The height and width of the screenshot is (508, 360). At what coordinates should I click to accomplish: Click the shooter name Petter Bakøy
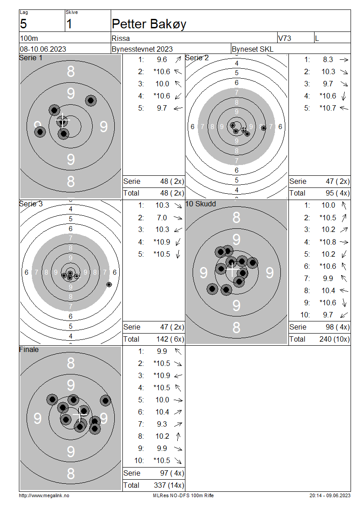[x=149, y=24]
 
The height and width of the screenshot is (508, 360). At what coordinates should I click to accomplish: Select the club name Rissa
[x=121, y=38]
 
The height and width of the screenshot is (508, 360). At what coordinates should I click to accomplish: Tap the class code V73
[x=284, y=38]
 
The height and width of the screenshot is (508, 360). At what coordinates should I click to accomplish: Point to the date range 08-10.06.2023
[x=43, y=49]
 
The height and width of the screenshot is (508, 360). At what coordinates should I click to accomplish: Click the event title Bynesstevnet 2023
[x=142, y=49]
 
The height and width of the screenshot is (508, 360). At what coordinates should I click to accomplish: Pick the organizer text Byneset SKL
[x=252, y=49]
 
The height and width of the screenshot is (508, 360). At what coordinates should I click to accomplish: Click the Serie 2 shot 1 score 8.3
[x=328, y=60]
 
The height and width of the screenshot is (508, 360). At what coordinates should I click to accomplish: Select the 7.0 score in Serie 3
[x=162, y=218]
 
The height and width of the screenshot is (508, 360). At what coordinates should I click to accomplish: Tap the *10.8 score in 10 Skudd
[x=328, y=242]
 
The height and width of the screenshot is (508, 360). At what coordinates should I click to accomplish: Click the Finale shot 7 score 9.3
[x=162, y=424]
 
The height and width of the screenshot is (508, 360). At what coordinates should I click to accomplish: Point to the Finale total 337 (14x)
[x=169, y=486]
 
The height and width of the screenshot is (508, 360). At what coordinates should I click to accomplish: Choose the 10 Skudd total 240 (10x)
[x=334, y=339]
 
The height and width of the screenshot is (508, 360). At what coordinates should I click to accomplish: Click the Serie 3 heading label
[x=31, y=204]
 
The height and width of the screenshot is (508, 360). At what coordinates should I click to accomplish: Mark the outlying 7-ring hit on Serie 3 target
[x=109, y=285]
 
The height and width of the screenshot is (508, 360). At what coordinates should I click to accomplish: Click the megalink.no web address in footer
[x=44, y=495]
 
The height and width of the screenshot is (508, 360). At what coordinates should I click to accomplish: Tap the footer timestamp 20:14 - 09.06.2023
[x=330, y=495]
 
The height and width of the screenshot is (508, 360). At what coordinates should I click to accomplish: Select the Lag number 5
[x=23, y=24]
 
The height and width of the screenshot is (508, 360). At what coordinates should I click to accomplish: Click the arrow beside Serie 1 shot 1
[x=178, y=60]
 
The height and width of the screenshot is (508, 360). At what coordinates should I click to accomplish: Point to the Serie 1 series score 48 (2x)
[x=172, y=182]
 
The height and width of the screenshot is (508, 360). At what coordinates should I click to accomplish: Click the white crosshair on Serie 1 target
[x=63, y=121]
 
